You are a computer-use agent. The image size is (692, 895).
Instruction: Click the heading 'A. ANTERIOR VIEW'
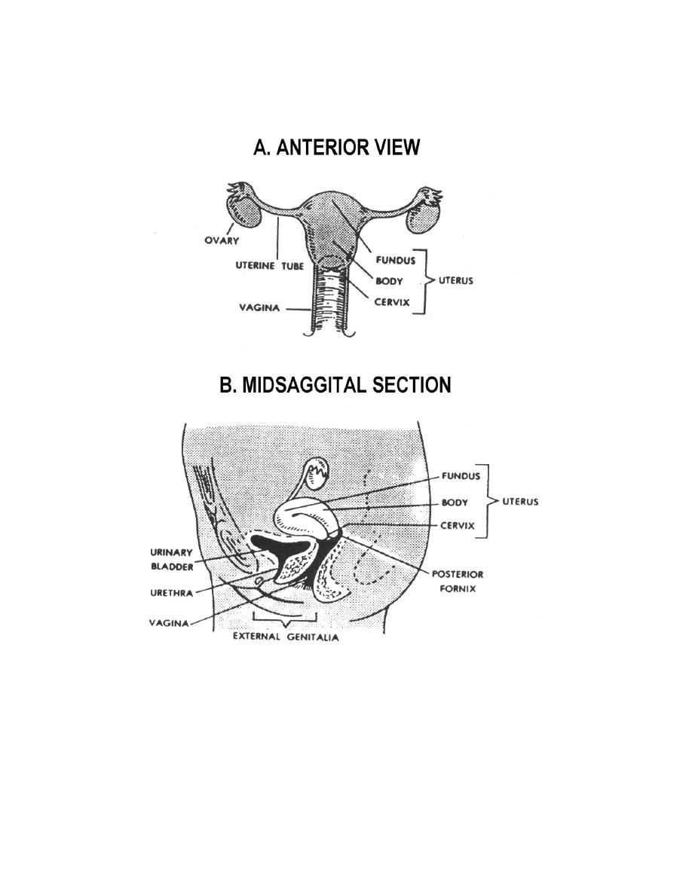click(x=336, y=147)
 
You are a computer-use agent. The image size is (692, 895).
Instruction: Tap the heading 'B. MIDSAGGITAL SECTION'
click(x=335, y=385)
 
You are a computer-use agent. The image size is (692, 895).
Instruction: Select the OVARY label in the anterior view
click(x=222, y=241)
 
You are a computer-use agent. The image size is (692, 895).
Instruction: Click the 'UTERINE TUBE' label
click(x=270, y=266)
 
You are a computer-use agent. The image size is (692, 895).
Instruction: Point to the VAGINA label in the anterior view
click(x=259, y=308)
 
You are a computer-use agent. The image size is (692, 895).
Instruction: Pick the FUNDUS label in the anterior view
click(x=396, y=261)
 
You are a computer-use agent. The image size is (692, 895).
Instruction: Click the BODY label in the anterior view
click(x=390, y=282)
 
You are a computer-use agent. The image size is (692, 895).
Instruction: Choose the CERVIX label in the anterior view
click(x=392, y=302)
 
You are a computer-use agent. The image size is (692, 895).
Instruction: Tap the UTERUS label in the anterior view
click(x=455, y=281)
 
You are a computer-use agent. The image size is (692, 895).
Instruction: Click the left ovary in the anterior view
click(x=245, y=210)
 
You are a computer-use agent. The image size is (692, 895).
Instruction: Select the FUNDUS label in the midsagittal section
click(x=461, y=476)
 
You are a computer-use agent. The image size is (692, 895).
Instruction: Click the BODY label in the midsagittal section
click(x=455, y=502)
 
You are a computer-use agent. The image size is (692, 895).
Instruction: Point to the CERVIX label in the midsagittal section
click(x=458, y=526)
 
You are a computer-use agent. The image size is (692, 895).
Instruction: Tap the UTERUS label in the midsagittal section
click(x=520, y=502)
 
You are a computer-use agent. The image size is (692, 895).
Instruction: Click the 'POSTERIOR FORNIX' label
click(x=458, y=581)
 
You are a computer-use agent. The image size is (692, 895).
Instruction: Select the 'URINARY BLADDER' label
click(x=172, y=559)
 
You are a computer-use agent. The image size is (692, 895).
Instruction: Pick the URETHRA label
click(x=172, y=593)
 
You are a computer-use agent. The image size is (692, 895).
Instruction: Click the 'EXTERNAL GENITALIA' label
click(x=286, y=637)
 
